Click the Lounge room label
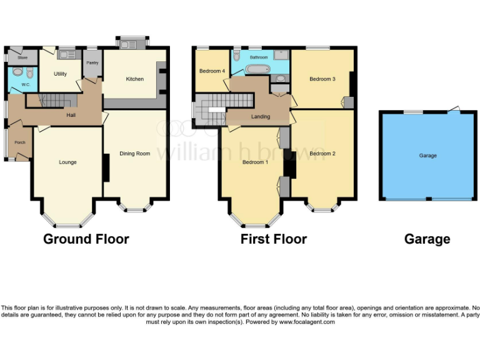67,162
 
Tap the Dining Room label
135,153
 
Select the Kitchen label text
135,79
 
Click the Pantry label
92,63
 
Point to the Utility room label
60,74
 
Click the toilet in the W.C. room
17,71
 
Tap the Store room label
22,57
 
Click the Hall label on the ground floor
72,116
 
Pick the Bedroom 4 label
212,71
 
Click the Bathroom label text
259,57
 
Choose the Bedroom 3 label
322,79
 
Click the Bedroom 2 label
322,154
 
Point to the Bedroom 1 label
255,162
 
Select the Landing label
261,117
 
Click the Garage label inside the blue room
428,156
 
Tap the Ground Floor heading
86,239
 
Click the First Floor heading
274,239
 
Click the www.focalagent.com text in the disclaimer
307,322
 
